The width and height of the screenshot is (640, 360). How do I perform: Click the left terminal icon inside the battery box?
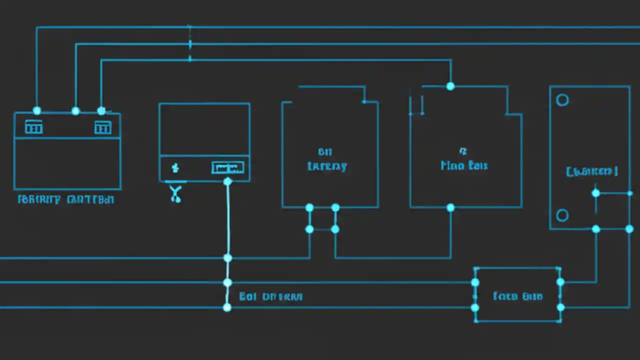[x=33, y=127]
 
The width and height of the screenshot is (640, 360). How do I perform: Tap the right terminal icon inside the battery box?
[x=102, y=127]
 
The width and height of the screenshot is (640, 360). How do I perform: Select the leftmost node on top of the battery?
[x=36, y=110]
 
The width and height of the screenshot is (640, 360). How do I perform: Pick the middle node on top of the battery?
[x=75, y=110]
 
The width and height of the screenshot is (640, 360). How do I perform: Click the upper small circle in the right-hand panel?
[x=562, y=100]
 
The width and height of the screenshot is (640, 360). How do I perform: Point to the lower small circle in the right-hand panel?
[x=562, y=215]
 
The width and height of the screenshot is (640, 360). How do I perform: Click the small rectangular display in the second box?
[x=227, y=167]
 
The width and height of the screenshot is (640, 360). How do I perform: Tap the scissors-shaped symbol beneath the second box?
[x=175, y=193]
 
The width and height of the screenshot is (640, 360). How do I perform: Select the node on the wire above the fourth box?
[x=450, y=86]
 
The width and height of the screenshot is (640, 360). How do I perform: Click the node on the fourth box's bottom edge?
[x=450, y=207]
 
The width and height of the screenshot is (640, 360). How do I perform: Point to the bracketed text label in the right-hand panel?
[x=592, y=171]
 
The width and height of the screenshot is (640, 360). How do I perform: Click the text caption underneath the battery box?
[x=66, y=199]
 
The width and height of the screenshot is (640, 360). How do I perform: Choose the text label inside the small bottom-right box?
[x=517, y=296]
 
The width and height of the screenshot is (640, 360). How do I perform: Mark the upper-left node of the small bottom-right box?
[x=475, y=282]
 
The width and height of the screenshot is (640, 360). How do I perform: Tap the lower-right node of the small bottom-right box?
[x=560, y=307]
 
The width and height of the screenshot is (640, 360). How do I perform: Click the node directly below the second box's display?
[x=227, y=181]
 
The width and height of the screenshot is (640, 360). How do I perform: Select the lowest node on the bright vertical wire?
[x=227, y=307]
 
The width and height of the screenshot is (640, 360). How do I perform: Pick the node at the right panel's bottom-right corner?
[x=629, y=229]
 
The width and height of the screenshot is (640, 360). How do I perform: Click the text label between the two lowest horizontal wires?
[x=270, y=296]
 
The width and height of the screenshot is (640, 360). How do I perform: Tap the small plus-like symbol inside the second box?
[x=175, y=167]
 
